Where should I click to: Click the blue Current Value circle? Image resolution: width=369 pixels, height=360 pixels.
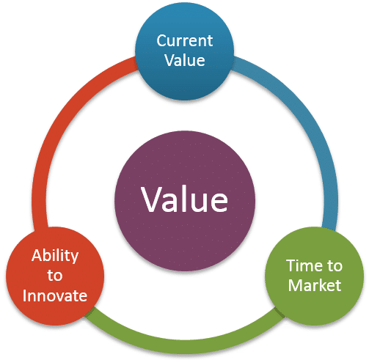tap(185, 51)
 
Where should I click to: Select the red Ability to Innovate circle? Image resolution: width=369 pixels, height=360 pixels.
tap(55, 276)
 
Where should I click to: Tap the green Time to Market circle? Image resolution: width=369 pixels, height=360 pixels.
tap(314, 276)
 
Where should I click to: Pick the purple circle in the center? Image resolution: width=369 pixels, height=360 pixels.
tap(185, 201)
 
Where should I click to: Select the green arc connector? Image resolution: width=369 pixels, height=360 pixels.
tap(185, 347)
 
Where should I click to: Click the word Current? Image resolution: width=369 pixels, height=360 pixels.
tap(185, 40)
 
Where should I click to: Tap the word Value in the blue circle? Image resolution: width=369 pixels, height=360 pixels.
tap(185, 60)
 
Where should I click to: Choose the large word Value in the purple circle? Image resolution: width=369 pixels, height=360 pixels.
tap(185, 199)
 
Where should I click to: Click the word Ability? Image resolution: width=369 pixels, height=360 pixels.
tap(55, 256)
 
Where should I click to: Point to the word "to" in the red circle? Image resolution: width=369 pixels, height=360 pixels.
tap(55, 276)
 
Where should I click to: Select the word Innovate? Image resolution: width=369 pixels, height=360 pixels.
tap(55, 295)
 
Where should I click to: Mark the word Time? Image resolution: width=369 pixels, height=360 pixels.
tap(302, 265)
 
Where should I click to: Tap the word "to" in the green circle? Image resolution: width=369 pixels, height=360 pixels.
tap(335, 266)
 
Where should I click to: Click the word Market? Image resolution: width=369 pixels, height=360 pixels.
tap(315, 285)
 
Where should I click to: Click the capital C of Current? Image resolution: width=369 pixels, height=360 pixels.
tap(161, 40)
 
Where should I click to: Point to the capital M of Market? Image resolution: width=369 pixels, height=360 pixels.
tap(295, 285)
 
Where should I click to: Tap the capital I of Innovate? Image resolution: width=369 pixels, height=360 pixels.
tap(24, 295)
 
